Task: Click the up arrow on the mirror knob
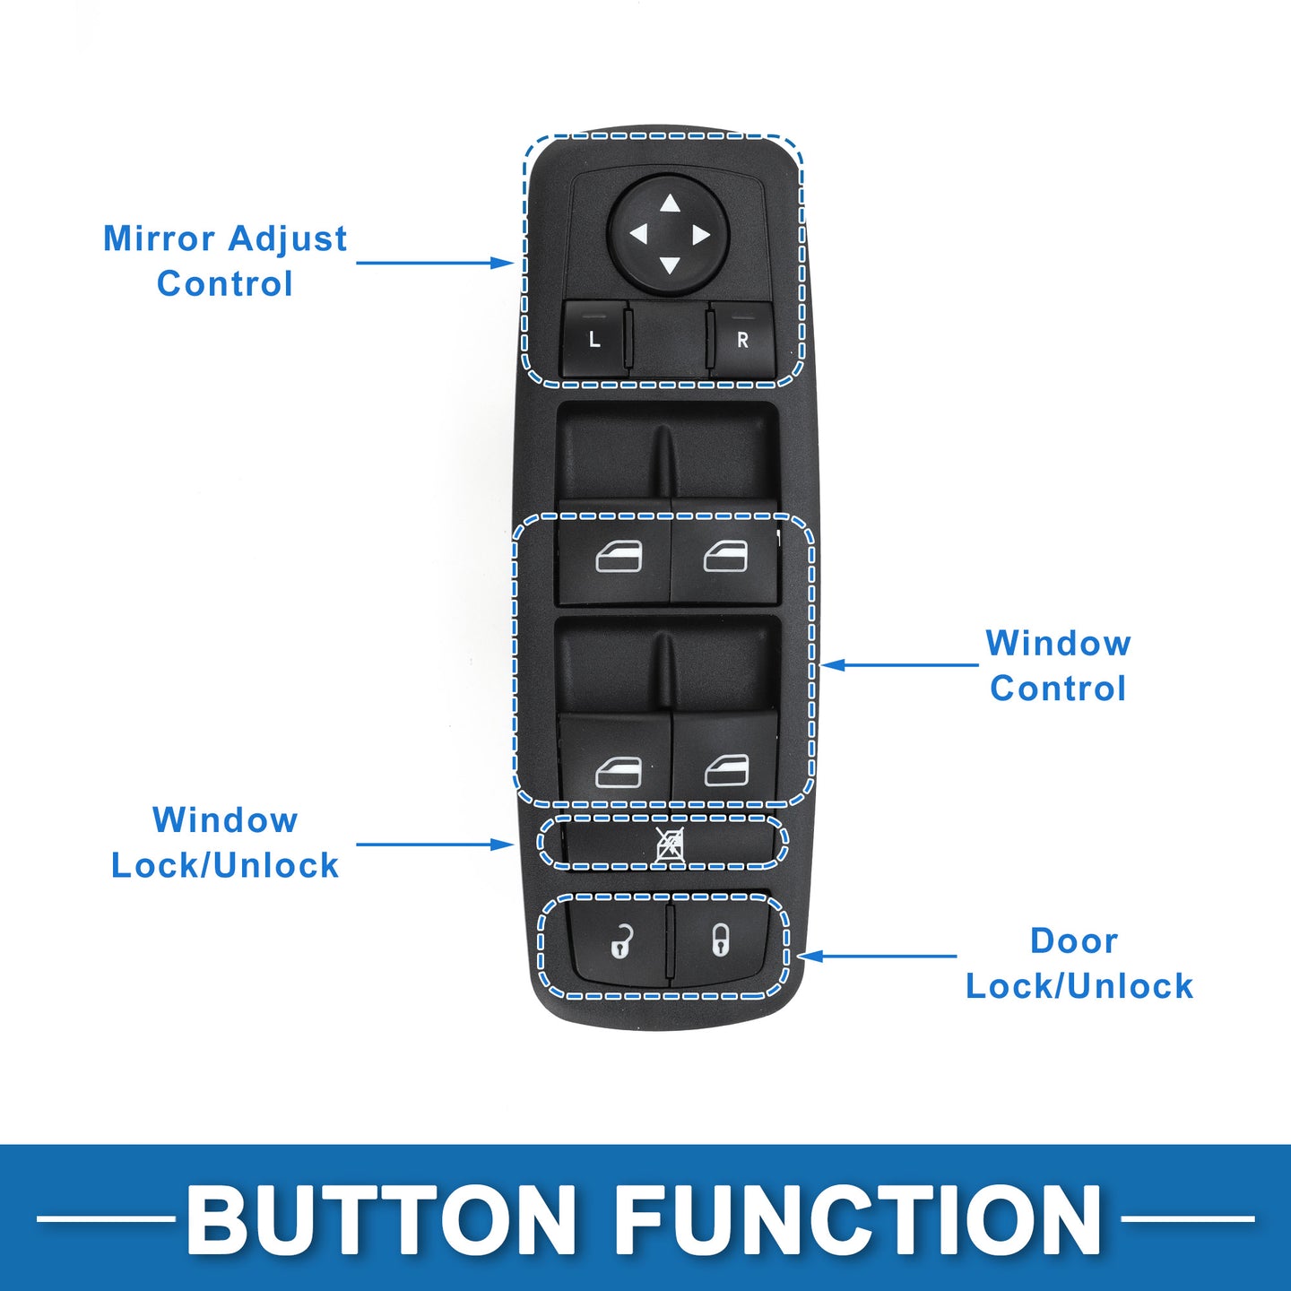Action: point(670,203)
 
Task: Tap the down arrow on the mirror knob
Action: point(670,265)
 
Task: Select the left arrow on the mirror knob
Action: point(638,234)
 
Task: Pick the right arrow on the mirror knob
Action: point(701,235)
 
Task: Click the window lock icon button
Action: point(668,845)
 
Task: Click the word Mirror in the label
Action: point(159,238)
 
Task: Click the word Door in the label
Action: point(1074,941)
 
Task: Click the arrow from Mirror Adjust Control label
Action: point(435,263)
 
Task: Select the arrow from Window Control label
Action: point(899,665)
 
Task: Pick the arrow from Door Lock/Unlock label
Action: point(878,956)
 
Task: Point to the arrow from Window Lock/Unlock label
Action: point(435,845)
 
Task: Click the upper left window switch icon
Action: point(619,556)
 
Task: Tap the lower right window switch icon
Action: point(726,770)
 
